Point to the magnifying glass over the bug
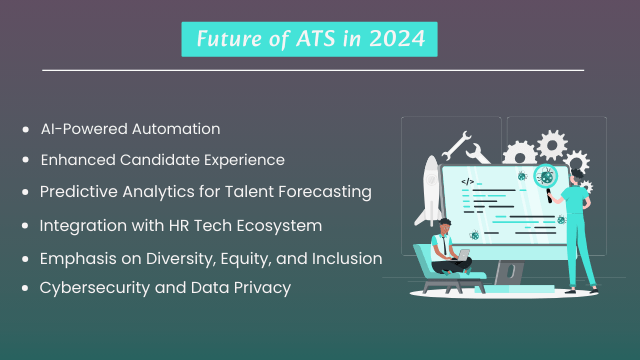click(546, 178)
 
